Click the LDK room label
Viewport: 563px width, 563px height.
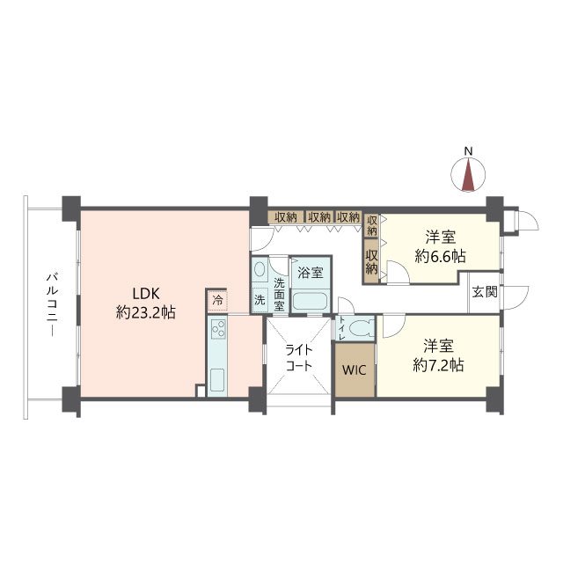coord(146,294)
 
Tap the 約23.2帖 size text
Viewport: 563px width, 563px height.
coord(146,313)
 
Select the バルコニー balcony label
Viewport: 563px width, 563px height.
coord(53,305)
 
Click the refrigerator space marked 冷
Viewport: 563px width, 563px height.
coord(217,301)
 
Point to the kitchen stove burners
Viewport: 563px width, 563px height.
coord(218,329)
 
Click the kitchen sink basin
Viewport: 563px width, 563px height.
coord(217,380)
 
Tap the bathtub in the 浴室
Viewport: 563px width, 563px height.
coord(310,302)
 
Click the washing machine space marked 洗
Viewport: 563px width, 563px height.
coord(260,300)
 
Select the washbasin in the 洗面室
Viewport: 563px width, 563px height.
coord(259,268)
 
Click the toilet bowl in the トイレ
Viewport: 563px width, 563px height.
coord(360,328)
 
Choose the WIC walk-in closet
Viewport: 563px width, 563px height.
coord(355,369)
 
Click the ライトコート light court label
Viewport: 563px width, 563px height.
coord(299,358)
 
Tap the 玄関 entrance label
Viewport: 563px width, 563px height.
coord(485,292)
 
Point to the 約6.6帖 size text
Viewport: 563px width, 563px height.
coord(440,256)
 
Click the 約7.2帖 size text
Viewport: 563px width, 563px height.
coord(438,365)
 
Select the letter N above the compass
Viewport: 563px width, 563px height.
coord(468,151)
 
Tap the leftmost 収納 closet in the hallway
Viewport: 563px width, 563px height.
coord(286,217)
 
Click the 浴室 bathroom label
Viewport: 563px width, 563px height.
coord(311,273)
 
